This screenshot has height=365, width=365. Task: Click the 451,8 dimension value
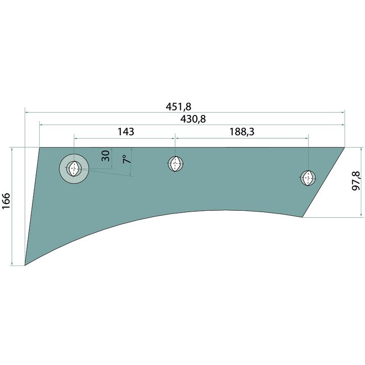pos(178,107)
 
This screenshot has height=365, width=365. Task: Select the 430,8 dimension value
pos(193,119)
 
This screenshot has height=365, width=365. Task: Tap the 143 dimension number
pos(126,132)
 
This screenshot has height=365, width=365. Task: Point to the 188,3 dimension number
pos(242,132)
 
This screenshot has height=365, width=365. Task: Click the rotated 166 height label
pos(6,201)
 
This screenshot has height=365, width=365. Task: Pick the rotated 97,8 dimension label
pos(356,181)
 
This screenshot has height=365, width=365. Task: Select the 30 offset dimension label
pos(105,156)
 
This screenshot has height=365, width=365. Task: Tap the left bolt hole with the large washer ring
pos(74,168)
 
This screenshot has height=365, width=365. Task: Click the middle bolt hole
pos(176,164)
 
